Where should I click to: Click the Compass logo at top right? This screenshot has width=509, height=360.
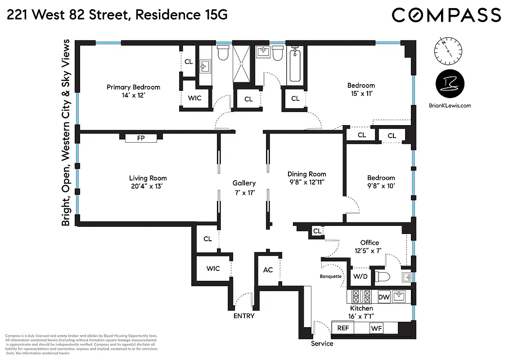(446, 15)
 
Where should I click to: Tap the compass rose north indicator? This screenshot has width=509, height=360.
(448, 51)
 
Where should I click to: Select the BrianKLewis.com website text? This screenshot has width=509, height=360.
(450, 106)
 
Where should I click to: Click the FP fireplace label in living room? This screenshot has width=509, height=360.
(141, 138)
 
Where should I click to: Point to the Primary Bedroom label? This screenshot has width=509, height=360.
(133, 87)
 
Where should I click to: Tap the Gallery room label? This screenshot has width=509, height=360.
(244, 183)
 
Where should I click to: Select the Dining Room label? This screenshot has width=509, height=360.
(307, 174)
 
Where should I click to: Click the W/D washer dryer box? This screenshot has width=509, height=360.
(360, 276)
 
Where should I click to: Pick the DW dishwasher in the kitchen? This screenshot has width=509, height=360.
(383, 297)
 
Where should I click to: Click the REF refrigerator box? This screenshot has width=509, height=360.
(343, 328)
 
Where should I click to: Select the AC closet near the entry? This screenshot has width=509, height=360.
(268, 270)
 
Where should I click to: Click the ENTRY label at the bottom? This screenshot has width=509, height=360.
(244, 316)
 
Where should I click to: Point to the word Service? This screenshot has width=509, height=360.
(322, 344)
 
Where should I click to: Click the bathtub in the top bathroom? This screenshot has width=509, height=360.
(295, 66)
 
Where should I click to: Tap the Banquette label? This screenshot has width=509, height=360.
(330, 276)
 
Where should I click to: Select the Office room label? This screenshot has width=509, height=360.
(369, 243)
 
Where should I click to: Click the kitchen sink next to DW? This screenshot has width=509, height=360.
(399, 296)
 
